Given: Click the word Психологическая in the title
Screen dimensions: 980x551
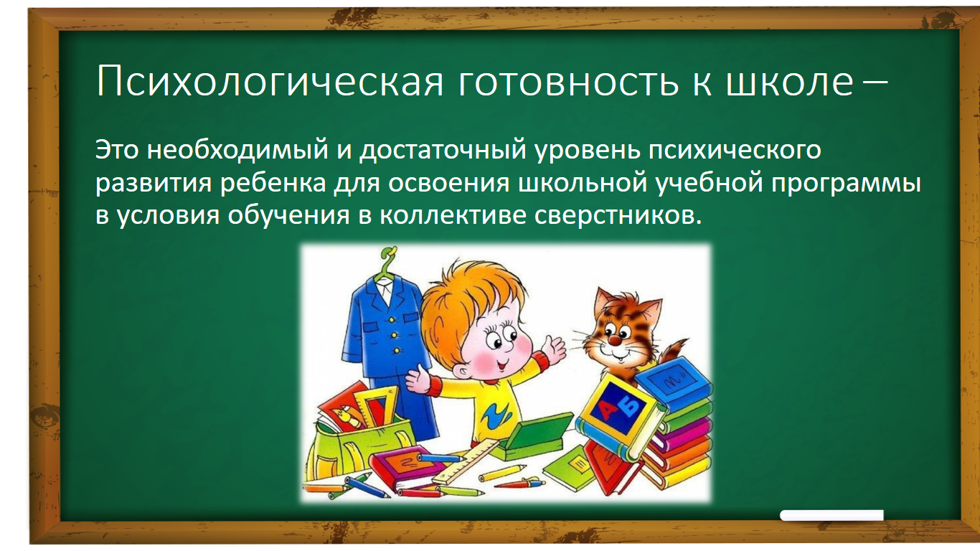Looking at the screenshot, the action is (270, 81).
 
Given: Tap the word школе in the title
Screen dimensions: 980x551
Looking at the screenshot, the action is (790, 81).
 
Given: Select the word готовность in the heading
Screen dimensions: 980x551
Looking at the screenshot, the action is (568, 82).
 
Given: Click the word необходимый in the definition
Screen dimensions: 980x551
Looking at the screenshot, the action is (237, 150).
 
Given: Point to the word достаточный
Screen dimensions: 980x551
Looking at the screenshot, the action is (443, 150).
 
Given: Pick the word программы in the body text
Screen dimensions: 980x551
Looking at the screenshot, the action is (846, 184).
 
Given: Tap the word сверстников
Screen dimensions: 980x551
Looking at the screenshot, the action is (617, 216).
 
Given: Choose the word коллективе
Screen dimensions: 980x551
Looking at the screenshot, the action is (453, 216).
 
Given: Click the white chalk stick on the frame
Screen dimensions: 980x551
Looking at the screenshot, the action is (831, 516).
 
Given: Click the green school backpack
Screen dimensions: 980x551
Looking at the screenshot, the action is (359, 442).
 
